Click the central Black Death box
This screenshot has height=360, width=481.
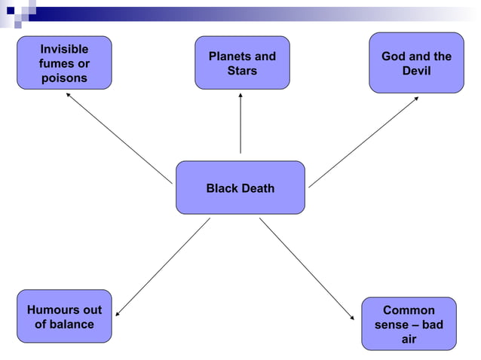[240, 188]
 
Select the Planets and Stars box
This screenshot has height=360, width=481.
[241, 63]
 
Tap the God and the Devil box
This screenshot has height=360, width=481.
[416, 63]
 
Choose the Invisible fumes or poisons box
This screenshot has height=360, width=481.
[64, 63]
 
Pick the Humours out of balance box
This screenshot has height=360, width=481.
[64, 316]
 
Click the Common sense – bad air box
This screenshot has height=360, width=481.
[409, 324]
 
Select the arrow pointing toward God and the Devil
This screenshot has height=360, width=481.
[363, 142]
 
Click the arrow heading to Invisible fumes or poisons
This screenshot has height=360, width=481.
[118, 138]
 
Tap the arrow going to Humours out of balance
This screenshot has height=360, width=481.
[162, 267]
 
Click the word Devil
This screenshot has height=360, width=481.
[416, 71]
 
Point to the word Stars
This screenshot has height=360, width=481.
[242, 71]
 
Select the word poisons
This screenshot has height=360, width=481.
[64, 78]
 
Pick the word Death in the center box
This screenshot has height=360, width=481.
[257, 188]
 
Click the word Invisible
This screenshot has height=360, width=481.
[64, 49]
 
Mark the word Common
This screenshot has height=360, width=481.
[409, 310]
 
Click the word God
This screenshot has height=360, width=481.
[394, 56]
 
